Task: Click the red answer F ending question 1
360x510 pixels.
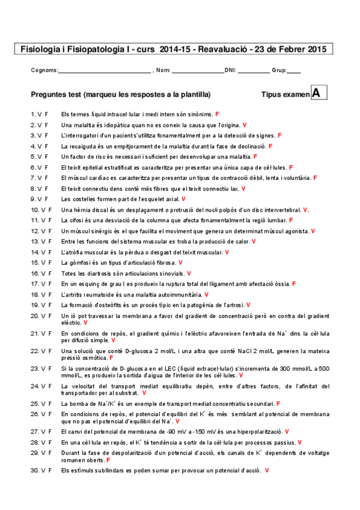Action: pyautogui.click(x=217, y=114)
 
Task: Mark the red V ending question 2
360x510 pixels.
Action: pyautogui.click(x=245, y=124)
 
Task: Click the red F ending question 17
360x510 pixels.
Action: pyautogui.click(x=294, y=283)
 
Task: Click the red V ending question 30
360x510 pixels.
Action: pyautogui.click(x=266, y=470)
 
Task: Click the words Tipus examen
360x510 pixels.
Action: pyautogui.click(x=285, y=94)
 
